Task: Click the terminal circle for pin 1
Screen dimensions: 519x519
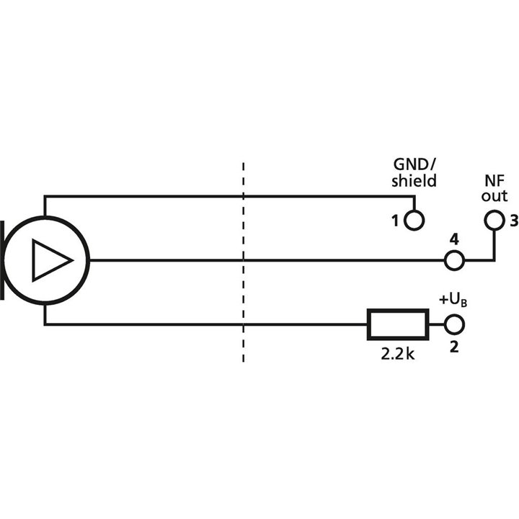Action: [414, 219]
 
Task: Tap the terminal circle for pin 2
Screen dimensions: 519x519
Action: [454, 325]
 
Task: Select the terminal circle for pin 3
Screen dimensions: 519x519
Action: [494, 219]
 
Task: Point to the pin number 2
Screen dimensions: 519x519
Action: [453, 347]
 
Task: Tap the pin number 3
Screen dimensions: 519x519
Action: [513, 221]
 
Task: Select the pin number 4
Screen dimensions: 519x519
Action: [453, 239]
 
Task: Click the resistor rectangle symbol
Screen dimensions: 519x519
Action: [398, 325]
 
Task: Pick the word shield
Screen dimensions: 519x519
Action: [414, 180]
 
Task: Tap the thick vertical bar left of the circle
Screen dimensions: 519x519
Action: [6, 259]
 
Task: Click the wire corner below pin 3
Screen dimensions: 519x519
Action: [494, 259]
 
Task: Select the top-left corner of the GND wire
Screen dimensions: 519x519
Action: [45, 196]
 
